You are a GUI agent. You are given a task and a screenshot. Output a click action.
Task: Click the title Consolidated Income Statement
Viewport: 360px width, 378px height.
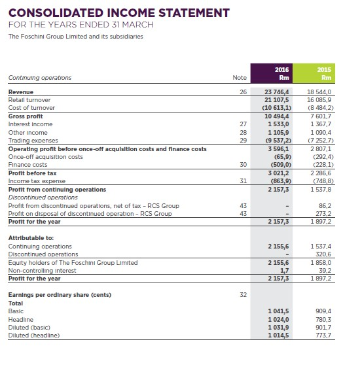[118, 12]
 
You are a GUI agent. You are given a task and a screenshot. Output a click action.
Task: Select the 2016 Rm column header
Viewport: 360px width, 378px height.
[281, 73]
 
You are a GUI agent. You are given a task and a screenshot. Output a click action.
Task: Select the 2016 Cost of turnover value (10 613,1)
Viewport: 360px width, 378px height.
[281, 107]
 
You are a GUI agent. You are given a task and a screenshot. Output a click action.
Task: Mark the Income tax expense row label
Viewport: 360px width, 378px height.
[37, 180]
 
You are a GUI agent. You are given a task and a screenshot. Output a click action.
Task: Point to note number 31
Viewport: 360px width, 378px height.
[243, 180]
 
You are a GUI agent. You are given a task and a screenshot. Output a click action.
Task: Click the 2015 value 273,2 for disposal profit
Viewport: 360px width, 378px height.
[326, 213]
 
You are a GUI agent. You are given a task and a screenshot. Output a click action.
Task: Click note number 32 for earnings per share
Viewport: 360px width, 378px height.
[243, 296]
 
